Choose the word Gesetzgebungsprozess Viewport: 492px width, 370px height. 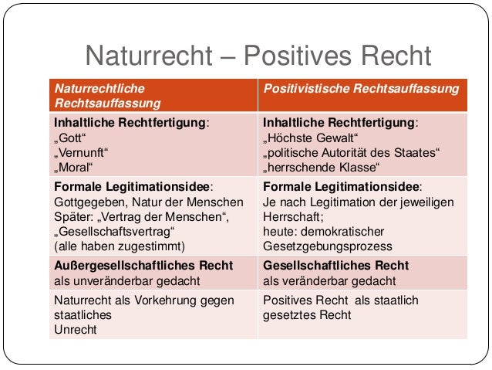(327, 247)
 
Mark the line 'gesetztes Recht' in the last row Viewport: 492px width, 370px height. (307, 315)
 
